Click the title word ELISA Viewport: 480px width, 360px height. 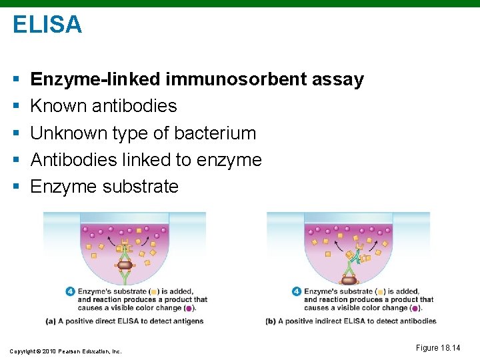click(47, 25)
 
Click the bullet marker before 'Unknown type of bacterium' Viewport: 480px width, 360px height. click(15, 133)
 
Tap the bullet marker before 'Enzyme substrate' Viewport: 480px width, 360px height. click(15, 187)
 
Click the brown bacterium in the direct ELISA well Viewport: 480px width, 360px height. click(125, 265)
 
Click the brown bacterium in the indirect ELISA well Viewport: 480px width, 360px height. click(349, 281)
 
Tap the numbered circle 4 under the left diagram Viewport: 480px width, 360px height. click(70, 291)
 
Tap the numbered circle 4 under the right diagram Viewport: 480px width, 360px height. click(297, 291)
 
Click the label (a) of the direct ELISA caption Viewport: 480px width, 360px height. click(50, 321)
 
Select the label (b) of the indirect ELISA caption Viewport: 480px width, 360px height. click(270, 321)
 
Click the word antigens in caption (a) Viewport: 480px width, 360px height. click(188, 321)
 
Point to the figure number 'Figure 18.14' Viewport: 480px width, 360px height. click(437, 347)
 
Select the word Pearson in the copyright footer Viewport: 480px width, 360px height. click(71, 351)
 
